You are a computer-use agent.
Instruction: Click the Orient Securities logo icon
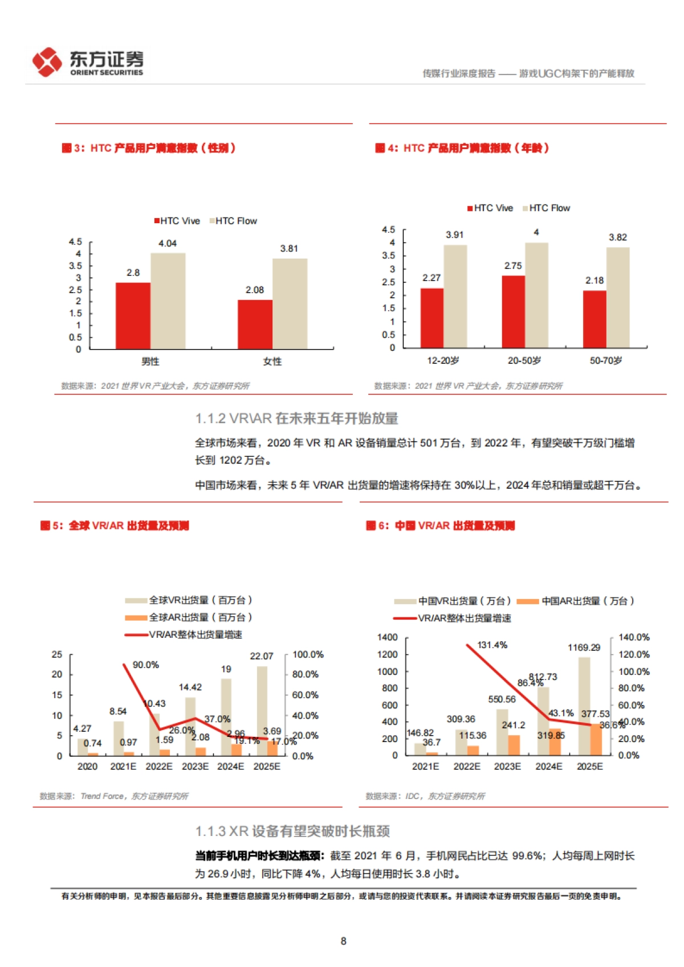click(x=47, y=62)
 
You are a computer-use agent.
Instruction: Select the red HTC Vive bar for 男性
click(x=133, y=315)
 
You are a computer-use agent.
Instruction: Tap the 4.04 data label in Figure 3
click(x=168, y=244)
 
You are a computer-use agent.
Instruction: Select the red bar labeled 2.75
click(x=513, y=312)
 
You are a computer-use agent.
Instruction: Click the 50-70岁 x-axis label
click(x=606, y=361)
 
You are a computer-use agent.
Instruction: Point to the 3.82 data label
click(x=618, y=237)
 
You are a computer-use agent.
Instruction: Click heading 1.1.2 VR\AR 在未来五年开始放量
click(x=296, y=419)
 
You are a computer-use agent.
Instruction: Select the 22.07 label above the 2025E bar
click(x=262, y=657)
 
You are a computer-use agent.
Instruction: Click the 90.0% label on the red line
click(x=146, y=665)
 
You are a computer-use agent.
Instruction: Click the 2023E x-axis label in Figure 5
click(x=195, y=767)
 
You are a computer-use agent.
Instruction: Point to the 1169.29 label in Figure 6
click(x=584, y=648)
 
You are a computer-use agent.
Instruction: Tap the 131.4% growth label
click(x=492, y=645)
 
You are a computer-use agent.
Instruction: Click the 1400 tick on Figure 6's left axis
click(x=388, y=637)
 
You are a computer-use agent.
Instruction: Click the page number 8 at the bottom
click(x=343, y=941)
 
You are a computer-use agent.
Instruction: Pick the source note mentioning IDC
click(x=425, y=796)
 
